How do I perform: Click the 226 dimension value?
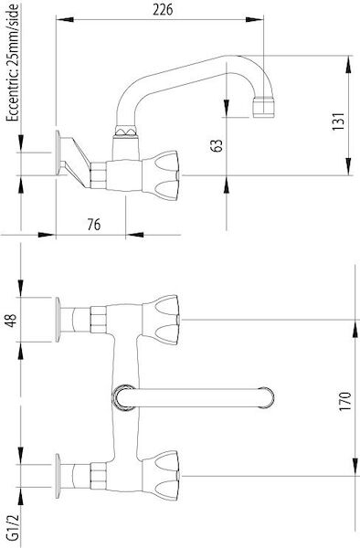pos(163,9)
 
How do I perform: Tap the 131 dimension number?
pos(338,121)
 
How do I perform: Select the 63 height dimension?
pos(217,145)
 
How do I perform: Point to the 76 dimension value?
pos(94,225)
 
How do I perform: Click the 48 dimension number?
pos(12,320)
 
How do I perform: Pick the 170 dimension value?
pos(345,401)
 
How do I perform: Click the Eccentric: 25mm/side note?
pos(13,63)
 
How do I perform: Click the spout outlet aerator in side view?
pos(263,107)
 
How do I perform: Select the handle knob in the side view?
pos(161,175)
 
